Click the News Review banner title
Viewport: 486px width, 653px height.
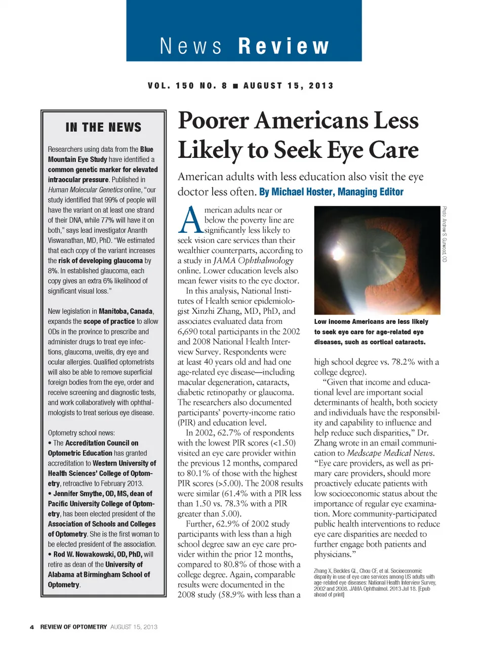click(x=244, y=46)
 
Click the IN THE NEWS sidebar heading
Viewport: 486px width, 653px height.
click(x=103, y=128)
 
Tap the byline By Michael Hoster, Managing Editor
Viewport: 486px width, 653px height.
click(x=331, y=192)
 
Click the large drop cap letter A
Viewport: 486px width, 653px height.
click(x=190, y=221)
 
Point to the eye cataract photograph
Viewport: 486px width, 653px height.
click(x=377, y=260)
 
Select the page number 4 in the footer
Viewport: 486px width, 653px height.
click(x=32, y=627)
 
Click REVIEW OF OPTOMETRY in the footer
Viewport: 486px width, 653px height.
click(x=73, y=627)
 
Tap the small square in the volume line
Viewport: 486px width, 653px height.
click(x=235, y=86)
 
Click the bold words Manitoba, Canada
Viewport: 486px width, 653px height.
click(x=126, y=311)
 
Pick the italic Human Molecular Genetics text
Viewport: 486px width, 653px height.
click(x=85, y=190)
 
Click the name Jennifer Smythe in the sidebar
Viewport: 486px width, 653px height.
click(x=76, y=494)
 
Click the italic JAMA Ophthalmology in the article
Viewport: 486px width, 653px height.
click(x=253, y=261)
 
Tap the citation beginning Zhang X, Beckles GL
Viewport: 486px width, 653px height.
click(x=374, y=582)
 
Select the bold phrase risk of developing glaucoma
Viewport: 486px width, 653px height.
click(x=100, y=261)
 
